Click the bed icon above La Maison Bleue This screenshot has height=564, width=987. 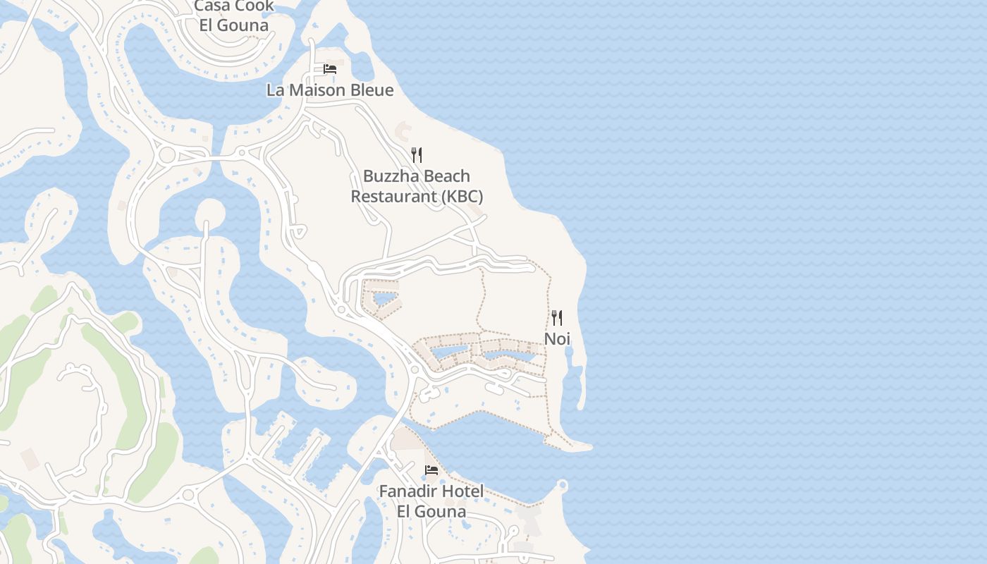(x=329, y=69)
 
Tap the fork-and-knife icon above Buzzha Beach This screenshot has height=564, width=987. (x=417, y=155)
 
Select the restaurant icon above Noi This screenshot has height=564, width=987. (x=557, y=318)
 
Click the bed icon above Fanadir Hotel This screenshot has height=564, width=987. (x=431, y=470)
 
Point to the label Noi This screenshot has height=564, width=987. (x=557, y=339)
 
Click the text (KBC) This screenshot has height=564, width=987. (x=462, y=196)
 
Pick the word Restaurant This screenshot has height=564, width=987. (x=394, y=196)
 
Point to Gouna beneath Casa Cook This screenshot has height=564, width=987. (x=243, y=26)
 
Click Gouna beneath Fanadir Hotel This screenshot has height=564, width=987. (x=441, y=511)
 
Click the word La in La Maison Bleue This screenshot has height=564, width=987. (x=274, y=90)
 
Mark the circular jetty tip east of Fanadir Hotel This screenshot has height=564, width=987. (x=563, y=485)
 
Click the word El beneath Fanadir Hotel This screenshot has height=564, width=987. (x=405, y=511)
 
